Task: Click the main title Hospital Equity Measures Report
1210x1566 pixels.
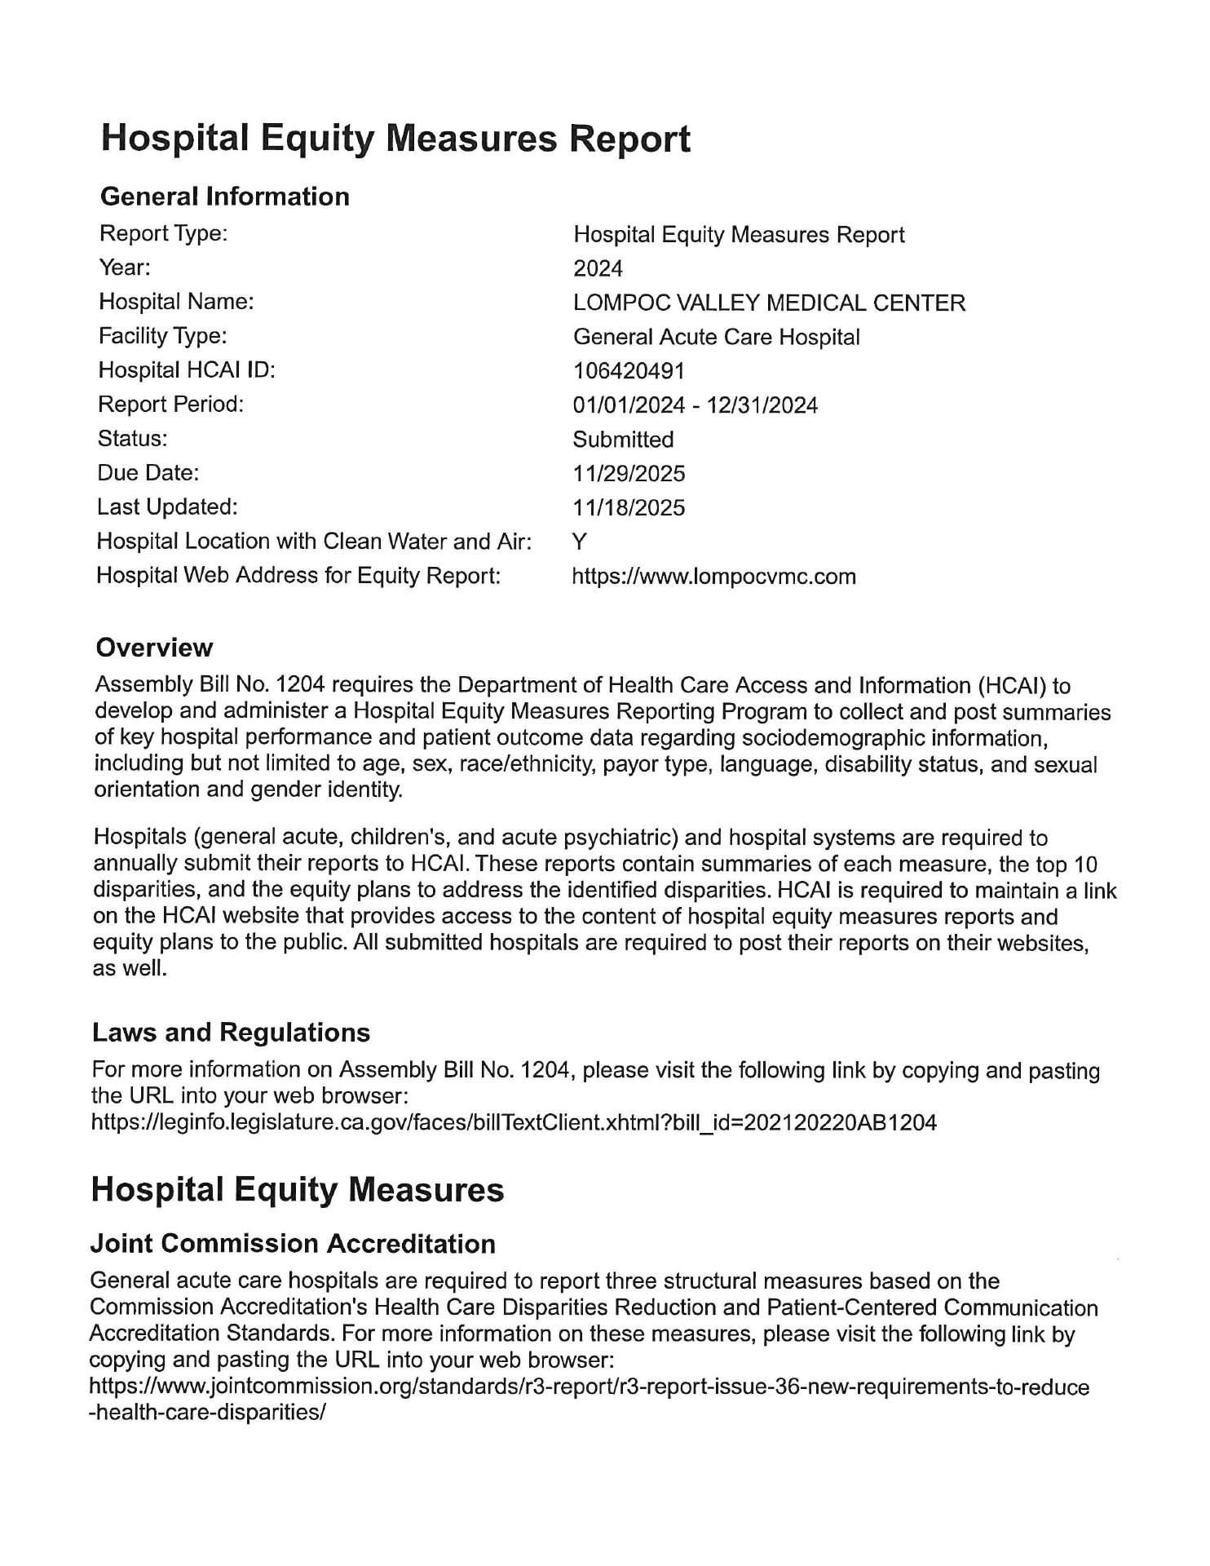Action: (395, 139)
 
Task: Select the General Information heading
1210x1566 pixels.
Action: (224, 197)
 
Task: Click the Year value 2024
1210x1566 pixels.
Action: (598, 268)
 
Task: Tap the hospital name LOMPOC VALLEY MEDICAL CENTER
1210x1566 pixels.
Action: (769, 303)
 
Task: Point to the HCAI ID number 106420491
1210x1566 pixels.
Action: (629, 371)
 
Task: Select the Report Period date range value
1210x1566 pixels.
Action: (695, 405)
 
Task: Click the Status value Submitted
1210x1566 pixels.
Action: (623, 440)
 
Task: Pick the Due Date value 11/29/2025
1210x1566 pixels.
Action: (629, 474)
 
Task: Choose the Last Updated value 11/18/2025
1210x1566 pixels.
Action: (629, 508)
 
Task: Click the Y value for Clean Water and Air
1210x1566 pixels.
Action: (580, 542)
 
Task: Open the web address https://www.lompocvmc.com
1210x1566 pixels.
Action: (714, 577)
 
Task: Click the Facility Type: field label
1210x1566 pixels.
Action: (162, 336)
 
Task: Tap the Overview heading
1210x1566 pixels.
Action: (154, 648)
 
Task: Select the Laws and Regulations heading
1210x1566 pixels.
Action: (231, 1033)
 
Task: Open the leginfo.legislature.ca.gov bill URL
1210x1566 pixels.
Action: (514, 1123)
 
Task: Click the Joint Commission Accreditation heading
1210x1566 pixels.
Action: (293, 1244)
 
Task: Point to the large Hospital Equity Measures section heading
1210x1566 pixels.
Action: (298, 1190)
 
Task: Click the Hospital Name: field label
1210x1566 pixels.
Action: (176, 302)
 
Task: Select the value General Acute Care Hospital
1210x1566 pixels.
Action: (716, 337)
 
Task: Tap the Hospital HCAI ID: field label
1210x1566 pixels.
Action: (187, 370)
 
